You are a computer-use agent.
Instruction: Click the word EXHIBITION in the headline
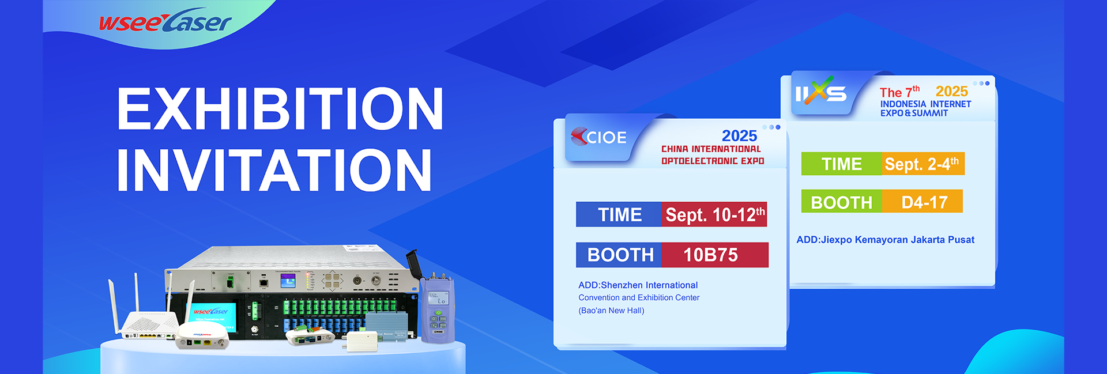coord(280,109)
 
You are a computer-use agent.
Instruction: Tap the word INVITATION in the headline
coord(274,170)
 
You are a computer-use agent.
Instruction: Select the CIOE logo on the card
coord(598,137)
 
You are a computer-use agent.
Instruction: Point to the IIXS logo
coord(820,92)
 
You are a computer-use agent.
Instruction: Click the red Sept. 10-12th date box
coord(714,214)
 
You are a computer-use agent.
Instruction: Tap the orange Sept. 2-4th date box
coord(923,164)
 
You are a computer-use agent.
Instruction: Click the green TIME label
coord(842,164)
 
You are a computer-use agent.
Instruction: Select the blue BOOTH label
coord(619,255)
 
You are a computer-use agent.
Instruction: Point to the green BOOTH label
coord(842,202)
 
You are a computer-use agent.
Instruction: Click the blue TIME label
coord(619,214)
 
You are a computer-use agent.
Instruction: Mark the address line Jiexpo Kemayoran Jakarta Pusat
coord(886,240)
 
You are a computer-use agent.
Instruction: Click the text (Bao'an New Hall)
coord(611,311)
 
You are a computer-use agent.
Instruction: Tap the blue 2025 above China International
coord(739,135)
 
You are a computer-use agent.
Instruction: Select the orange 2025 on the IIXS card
coord(951,91)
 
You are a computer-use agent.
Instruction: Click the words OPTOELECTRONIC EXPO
coord(713,161)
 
